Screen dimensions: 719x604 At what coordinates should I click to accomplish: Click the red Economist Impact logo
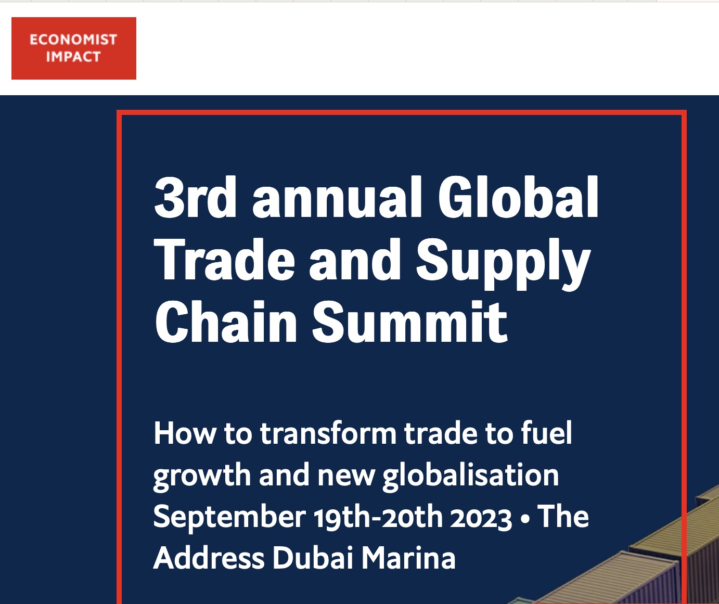point(74,48)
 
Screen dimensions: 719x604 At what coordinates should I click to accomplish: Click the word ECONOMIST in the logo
point(73,40)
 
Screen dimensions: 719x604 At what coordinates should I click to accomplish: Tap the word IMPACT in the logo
point(73,57)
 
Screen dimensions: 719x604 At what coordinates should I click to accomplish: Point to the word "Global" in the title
point(518,197)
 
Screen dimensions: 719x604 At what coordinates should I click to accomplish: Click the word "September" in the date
point(229,518)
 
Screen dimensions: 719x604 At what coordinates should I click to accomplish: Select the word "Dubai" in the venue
point(313,558)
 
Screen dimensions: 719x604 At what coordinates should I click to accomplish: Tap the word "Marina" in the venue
point(408,558)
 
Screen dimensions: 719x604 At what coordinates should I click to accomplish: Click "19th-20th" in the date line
point(378,517)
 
